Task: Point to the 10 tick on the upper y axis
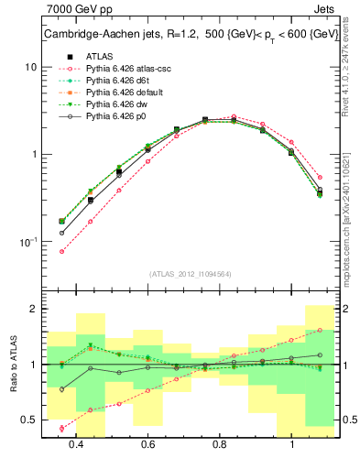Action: coord(31,68)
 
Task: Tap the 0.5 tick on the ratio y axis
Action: coord(31,420)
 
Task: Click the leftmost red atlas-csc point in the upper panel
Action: coord(62,251)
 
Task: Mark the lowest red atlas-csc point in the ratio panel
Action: coord(62,428)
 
